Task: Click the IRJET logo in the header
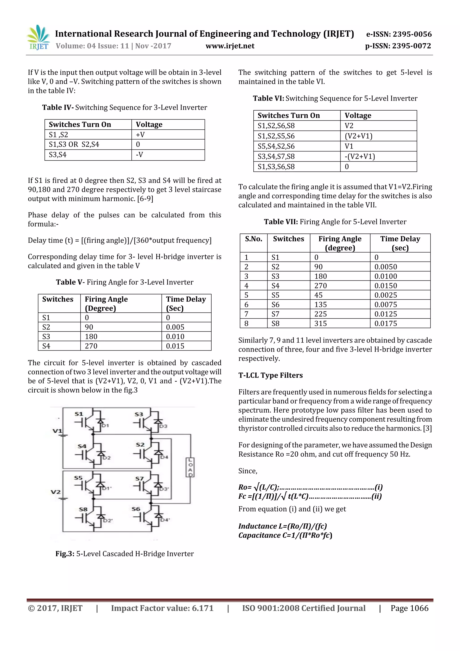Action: click(38, 38)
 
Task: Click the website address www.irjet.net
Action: click(230, 46)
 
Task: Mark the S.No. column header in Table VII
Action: click(253, 239)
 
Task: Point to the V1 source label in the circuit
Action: click(57, 431)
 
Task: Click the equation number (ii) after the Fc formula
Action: click(376, 496)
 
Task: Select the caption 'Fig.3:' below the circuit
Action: click(65, 554)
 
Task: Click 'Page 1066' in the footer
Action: click(409, 608)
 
